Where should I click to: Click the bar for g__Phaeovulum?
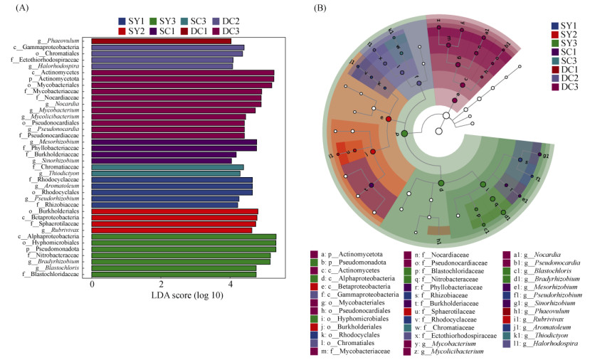click(x=162, y=41)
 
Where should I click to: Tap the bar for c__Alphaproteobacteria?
click(x=184, y=236)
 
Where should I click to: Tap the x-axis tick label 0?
click(x=93, y=285)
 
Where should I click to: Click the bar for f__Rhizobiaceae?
click(x=165, y=204)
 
